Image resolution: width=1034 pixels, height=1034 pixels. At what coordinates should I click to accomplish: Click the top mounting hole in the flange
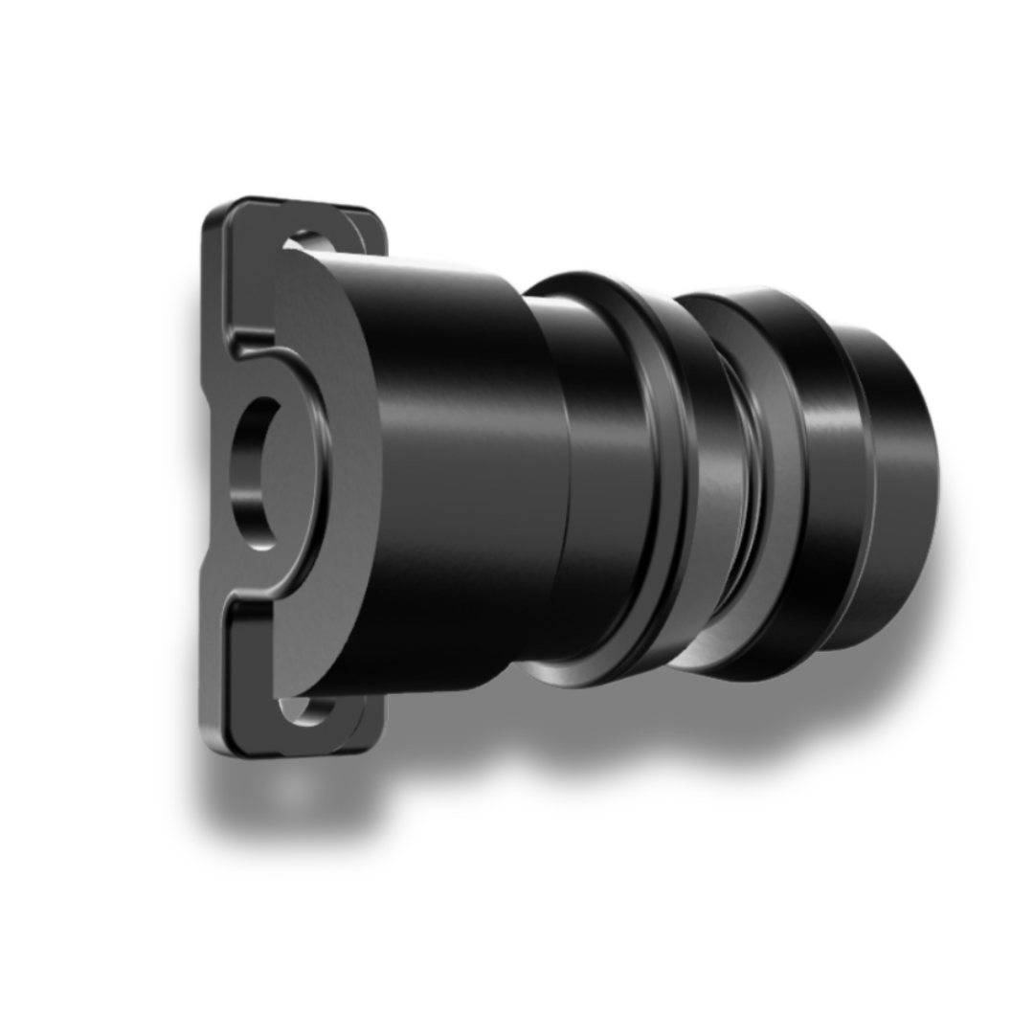(x=308, y=240)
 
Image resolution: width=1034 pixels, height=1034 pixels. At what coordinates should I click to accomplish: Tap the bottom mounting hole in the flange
(x=304, y=709)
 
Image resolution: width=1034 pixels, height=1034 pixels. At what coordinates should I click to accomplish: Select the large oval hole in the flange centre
(x=257, y=474)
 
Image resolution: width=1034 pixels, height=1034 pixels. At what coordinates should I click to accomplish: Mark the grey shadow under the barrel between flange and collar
(x=460, y=728)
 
